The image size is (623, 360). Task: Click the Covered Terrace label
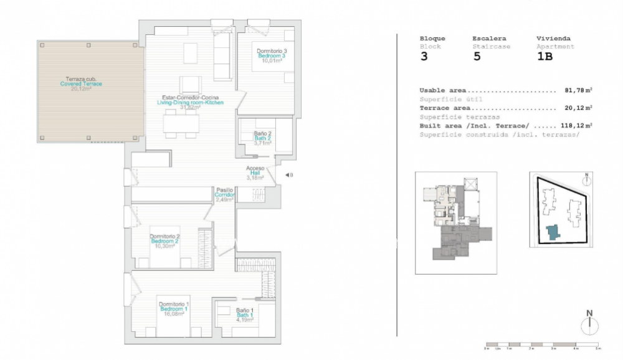tap(81, 84)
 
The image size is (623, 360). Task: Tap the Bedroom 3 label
tap(271, 56)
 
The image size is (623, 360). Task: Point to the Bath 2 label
tap(262, 138)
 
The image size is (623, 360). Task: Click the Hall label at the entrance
tap(255, 173)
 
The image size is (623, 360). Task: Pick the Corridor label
tap(224, 194)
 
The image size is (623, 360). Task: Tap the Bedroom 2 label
tap(164, 241)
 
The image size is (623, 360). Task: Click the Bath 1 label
tap(244, 315)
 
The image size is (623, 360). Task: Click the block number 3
tap(424, 57)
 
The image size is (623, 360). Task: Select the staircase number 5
tap(477, 57)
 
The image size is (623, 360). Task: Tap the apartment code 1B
tap(545, 57)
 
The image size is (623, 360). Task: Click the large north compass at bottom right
tap(589, 325)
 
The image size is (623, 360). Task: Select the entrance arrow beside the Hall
tap(288, 175)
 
